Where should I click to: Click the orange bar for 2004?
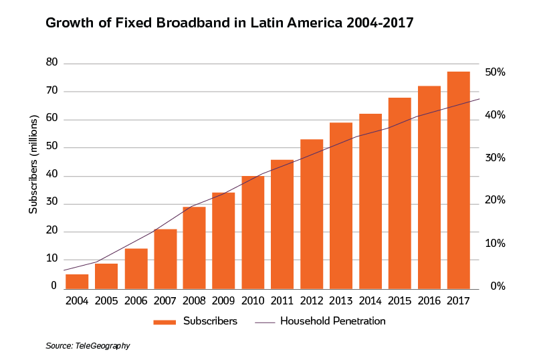click(77, 281)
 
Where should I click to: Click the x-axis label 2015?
click(400, 300)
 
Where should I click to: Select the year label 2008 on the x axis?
click(194, 300)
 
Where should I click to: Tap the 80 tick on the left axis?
click(51, 63)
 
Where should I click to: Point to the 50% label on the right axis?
click(495, 72)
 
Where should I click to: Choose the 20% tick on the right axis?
click(495, 201)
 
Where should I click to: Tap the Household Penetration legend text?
click(332, 321)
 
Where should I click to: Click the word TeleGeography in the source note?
click(103, 346)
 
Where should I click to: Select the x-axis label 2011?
click(282, 300)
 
